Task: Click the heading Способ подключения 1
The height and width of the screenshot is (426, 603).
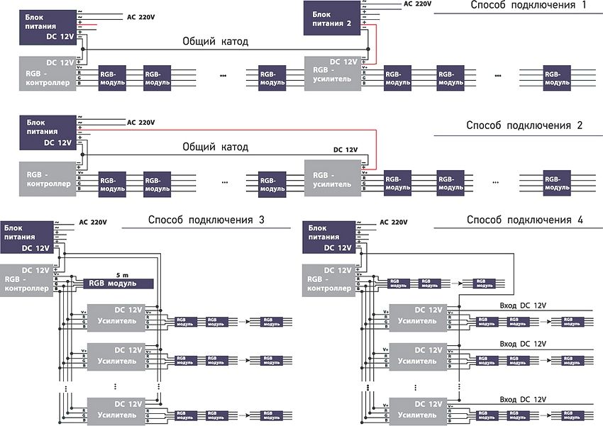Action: pyautogui.click(x=528, y=6)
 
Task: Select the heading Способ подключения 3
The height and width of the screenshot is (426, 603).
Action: pyautogui.click(x=206, y=220)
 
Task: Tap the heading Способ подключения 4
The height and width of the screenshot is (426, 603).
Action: pyautogui.click(x=525, y=220)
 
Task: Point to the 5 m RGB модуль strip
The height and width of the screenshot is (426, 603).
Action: pyautogui.click(x=118, y=283)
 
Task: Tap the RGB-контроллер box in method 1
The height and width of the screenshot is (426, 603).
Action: pyautogui.click(x=47, y=73)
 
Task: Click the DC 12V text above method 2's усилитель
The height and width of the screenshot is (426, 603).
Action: pyautogui.click(x=345, y=150)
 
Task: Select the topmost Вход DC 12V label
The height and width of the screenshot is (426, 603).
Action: pyautogui.click(x=522, y=305)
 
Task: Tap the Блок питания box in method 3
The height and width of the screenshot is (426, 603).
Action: pyautogui.click(x=30, y=237)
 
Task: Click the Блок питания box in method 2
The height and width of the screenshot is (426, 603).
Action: pyautogui.click(x=47, y=132)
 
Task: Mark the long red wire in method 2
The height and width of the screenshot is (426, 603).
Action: pyautogui.click(x=227, y=130)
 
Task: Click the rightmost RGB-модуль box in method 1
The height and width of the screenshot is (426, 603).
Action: pyautogui.click(x=558, y=78)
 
